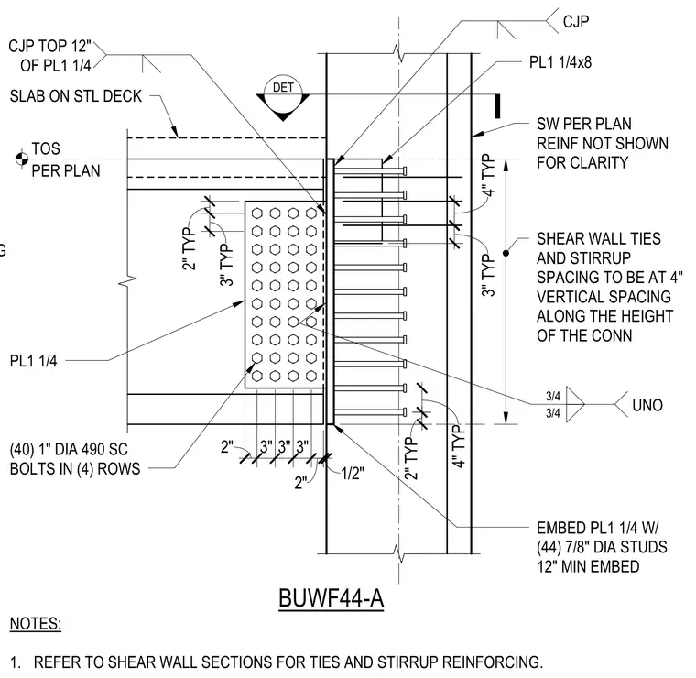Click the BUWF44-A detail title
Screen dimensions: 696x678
(x=332, y=598)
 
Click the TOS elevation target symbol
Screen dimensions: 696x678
(x=22, y=159)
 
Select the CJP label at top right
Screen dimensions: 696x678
(x=576, y=21)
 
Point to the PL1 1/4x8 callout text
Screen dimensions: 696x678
(x=560, y=62)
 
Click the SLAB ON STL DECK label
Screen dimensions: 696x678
(x=75, y=96)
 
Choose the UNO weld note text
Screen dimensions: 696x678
(x=647, y=405)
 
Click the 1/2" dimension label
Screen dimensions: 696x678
(x=353, y=474)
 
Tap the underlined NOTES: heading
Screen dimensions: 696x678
(x=36, y=623)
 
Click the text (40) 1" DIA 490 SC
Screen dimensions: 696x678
(x=69, y=449)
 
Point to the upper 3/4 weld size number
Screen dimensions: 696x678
(x=553, y=396)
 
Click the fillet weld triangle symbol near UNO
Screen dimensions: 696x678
(x=575, y=404)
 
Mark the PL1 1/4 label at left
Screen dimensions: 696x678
(x=33, y=361)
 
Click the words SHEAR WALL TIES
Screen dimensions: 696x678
(x=599, y=239)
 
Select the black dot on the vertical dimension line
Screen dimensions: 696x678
(x=506, y=253)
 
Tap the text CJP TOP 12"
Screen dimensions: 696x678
(x=49, y=46)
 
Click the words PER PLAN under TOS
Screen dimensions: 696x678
(x=66, y=170)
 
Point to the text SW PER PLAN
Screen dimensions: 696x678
(x=584, y=124)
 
